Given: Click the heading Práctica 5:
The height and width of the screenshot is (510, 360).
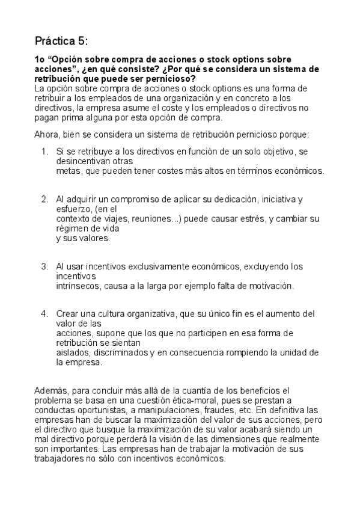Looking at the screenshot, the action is click(x=61, y=41).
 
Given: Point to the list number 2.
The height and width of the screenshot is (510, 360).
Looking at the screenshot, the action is click(x=44, y=198).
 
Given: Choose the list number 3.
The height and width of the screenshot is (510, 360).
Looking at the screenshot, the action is click(x=44, y=266).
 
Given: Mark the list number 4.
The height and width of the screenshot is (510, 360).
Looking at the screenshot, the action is click(x=44, y=313).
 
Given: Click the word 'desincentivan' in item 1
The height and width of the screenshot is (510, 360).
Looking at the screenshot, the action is click(x=82, y=161).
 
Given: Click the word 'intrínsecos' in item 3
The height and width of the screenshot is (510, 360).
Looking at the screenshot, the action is click(x=77, y=286).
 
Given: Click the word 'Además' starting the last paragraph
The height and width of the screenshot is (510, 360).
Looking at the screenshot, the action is click(x=50, y=391).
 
